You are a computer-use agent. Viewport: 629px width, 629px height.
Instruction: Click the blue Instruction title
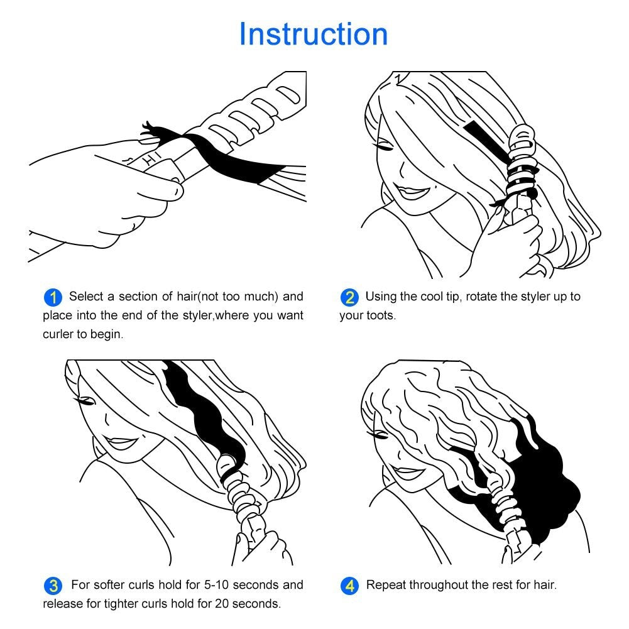click(x=314, y=34)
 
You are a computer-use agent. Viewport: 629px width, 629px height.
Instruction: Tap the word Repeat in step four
click(x=386, y=585)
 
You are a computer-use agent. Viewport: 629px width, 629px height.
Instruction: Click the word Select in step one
click(x=85, y=296)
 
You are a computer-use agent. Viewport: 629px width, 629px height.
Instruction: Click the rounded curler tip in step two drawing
click(x=522, y=134)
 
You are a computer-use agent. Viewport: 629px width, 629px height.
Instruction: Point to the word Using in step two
click(x=380, y=296)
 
